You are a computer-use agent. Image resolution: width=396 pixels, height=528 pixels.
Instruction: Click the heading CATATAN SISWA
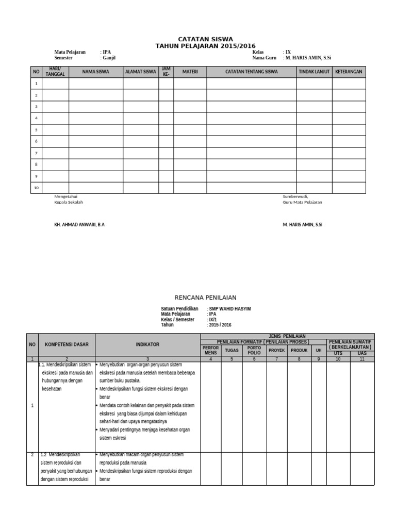[x=205, y=39]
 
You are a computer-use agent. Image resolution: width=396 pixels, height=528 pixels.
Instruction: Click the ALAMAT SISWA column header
[x=141, y=72]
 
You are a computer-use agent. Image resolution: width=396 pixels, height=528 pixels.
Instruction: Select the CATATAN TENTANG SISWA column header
[x=252, y=72]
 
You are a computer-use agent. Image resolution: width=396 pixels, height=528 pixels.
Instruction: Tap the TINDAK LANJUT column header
[x=314, y=72]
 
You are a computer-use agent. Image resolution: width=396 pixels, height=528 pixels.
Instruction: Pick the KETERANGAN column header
[x=349, y=72]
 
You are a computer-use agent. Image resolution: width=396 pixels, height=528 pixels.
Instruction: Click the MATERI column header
[x=190, y=72]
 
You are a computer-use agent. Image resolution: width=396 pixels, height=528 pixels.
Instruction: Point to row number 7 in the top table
[x=36, y=153]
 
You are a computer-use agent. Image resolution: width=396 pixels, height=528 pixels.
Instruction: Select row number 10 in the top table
[x=36, y=188]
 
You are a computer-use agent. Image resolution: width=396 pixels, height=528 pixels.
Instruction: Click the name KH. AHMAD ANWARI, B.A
[x=79, y=225]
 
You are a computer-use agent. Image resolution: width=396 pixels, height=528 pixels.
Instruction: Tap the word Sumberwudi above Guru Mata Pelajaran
[x=295, y=196]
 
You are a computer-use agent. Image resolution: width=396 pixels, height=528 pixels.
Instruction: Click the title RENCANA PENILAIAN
[x=205, y=298]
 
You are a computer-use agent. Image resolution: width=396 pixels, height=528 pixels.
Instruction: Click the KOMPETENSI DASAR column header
[x=67, y=344]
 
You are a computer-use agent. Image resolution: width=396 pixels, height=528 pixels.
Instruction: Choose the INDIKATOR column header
[x=147, y=344]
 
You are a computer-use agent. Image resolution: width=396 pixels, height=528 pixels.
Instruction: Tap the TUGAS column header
[x=232, y=350]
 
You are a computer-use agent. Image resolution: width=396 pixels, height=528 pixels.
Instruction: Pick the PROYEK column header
[x=276, y=350]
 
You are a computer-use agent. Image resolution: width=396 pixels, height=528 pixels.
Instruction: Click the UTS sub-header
[x=338, y=353]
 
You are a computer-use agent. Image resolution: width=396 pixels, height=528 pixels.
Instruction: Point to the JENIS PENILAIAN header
[x=287, y=336]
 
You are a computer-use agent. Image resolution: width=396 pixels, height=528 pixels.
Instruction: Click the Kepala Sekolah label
[x=69, y=202]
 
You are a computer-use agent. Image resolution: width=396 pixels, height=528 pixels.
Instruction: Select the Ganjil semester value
[x=109, y=58]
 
